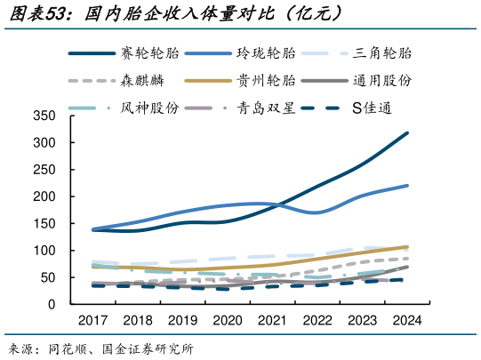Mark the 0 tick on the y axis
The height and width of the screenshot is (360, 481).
tap(52, 304)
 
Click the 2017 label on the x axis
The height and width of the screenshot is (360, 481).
tap(92, 320)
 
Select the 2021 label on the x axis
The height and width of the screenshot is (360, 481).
tap(272, 320)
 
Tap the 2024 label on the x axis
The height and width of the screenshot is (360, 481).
tap(406, 320)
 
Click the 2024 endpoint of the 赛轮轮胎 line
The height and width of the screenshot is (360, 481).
tap(407, 133)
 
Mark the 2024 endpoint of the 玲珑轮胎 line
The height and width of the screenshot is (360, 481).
tap(407, 186)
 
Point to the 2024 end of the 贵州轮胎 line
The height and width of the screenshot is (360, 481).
tap(407, 247)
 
